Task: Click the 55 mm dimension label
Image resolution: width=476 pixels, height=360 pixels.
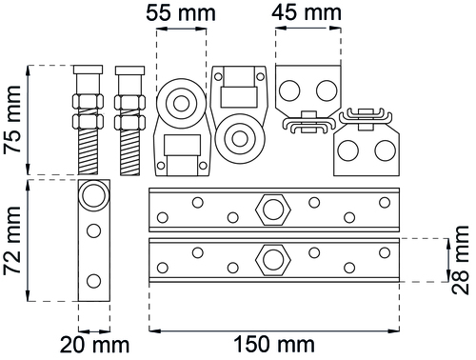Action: (181, 13)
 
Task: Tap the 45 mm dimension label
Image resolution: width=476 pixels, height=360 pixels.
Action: (307, 12)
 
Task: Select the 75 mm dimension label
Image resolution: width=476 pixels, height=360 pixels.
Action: (13, 119)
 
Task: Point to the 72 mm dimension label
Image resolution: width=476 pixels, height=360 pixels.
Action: (13, 240)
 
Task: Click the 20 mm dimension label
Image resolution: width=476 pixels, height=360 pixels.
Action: (94, 346)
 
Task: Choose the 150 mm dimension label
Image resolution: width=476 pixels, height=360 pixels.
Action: (274, 345)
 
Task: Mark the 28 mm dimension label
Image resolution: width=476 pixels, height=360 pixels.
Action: (460, 260)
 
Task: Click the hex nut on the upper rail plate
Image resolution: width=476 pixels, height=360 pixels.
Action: (273, 210)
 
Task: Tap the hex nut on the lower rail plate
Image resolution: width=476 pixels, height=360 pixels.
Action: (273, 259)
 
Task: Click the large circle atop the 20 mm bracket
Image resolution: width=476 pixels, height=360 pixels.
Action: (93, 194)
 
